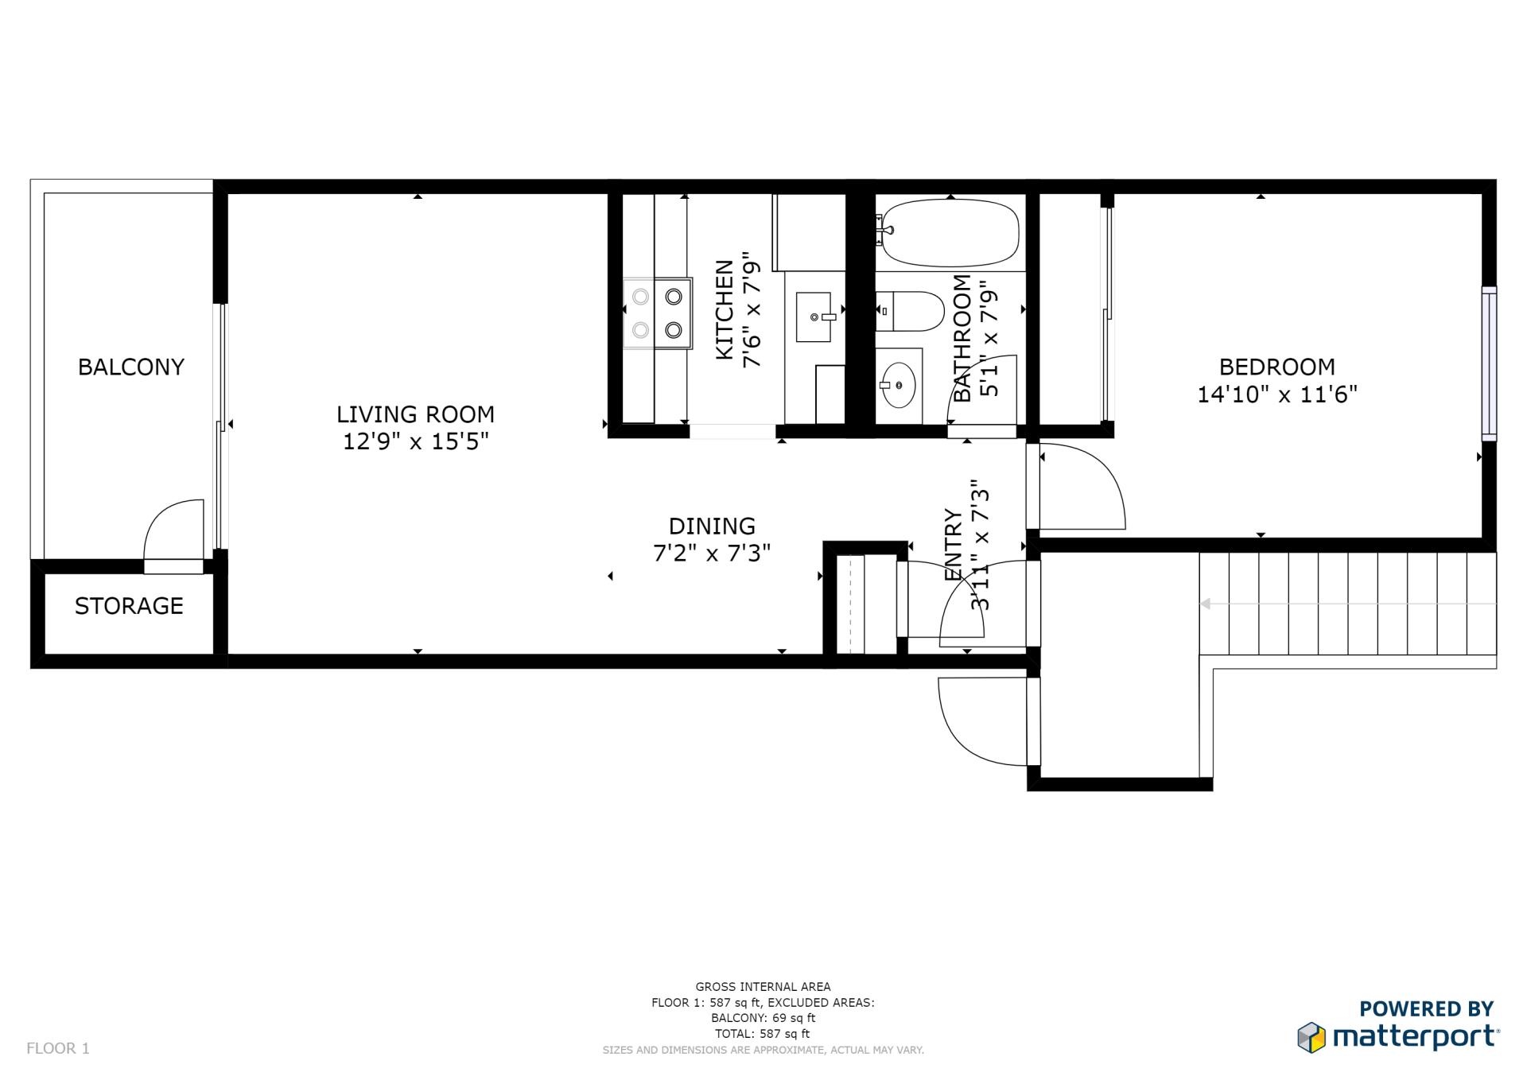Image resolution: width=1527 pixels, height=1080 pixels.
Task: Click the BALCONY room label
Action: (x=131, y=367)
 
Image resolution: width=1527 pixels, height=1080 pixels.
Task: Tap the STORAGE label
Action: (x=129, y=606)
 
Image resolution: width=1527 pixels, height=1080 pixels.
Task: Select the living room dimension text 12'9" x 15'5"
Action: (x=415, y=441)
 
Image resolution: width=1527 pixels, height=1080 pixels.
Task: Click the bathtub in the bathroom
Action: (x=950, y=232)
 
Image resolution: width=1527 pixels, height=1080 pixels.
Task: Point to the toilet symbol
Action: (x=912, y=311)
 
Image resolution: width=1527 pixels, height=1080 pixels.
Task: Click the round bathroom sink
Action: (x=899, y=385)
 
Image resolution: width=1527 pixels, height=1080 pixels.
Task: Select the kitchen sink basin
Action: (x=814, y=317)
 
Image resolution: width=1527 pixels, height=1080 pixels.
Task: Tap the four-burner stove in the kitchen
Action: (x=657, y=313)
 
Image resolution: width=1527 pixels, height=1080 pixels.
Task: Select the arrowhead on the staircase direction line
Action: (x=1206, y=604)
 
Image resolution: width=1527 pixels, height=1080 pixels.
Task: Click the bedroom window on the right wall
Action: (x=1489, y=363)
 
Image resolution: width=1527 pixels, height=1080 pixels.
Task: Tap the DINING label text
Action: (x=712, y=526)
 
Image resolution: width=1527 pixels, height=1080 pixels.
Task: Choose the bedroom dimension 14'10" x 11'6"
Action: (x=1276, y=394)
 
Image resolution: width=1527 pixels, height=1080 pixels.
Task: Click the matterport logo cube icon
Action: (x=1311, y=1037)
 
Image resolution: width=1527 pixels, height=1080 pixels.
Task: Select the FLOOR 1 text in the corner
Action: (x=58, y=1048)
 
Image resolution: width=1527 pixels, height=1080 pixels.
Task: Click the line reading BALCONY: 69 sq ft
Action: (x=763, y=1018)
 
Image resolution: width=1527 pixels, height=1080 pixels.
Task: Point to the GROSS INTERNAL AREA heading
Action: (x=763, y=986)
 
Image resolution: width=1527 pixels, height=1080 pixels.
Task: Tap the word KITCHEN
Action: (x=725, y=309)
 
